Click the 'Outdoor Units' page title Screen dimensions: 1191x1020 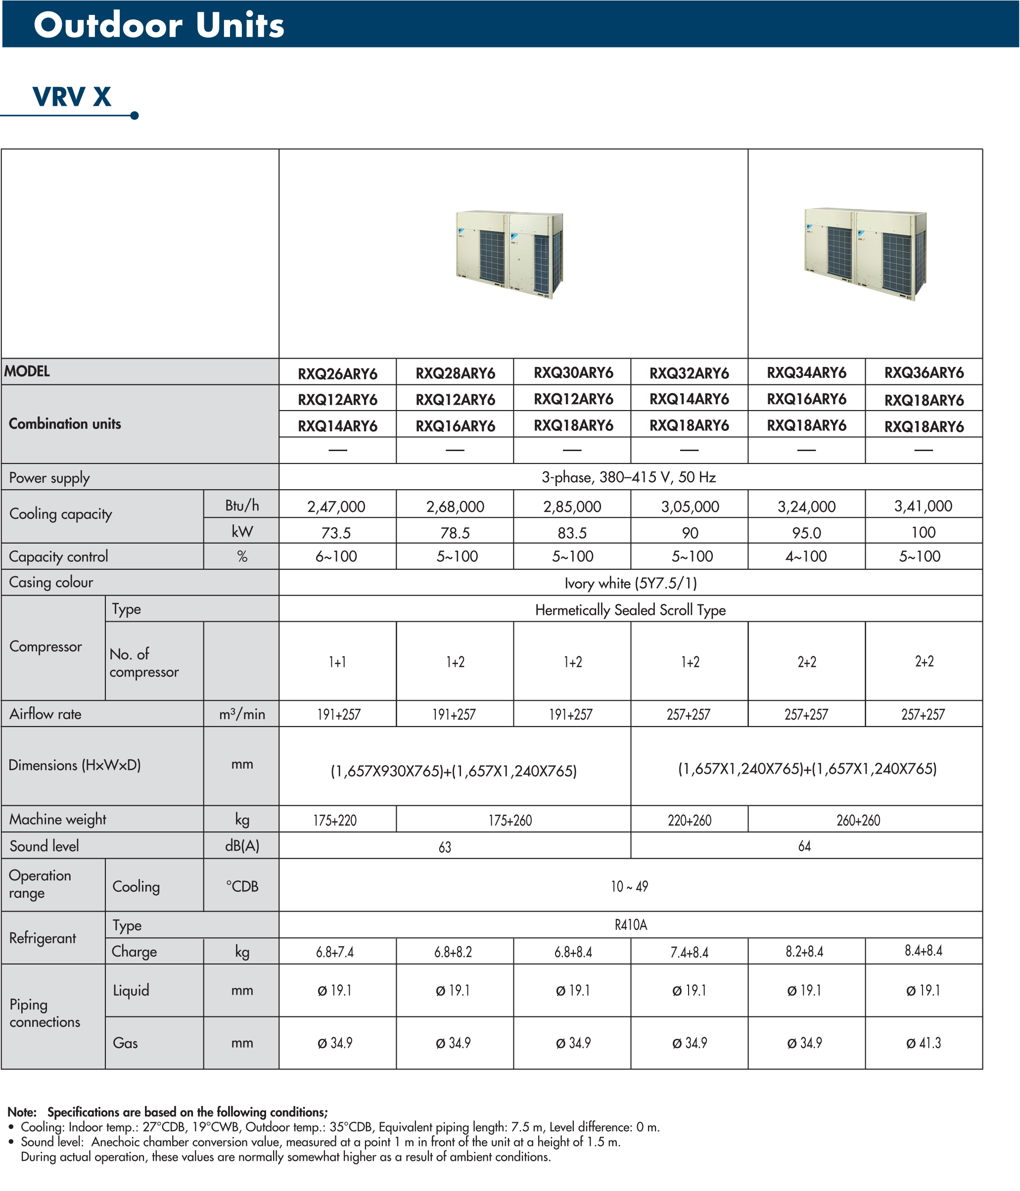pyautogui.click(x=159, y=25)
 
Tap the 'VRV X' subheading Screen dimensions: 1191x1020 pyautogui.click(x=72, y=96)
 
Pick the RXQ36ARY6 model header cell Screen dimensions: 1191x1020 pyautogui.click(x=924, y=373)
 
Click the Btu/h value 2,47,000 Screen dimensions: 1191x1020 pyautogui.click(x=336, y=506)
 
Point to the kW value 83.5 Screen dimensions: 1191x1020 pyautogui.click(x=572, y=533)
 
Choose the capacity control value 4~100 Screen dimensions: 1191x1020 pyautogui.click(x=806, y=556)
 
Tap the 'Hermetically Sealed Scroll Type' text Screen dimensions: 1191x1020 pyautogui.click(x=630, y=610)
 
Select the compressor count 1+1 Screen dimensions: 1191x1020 pyautogui.click(x=337, y=662)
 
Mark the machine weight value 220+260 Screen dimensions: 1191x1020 pyautogui.click(x=690, y=820)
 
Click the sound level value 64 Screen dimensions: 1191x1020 pyautogui.click(x=804, y=846)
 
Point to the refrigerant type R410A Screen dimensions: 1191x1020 pyautogui.click(x=631, y=925)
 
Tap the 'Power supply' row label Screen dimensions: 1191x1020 pyautogui.click(x=49, y=478)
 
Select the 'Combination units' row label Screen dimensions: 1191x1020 pyautogui.click(x=65, y=424)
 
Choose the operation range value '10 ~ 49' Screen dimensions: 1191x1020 pyautogui.click(x=630, y=886)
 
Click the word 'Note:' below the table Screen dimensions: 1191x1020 pyautogui.click(x=22, y=1112)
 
